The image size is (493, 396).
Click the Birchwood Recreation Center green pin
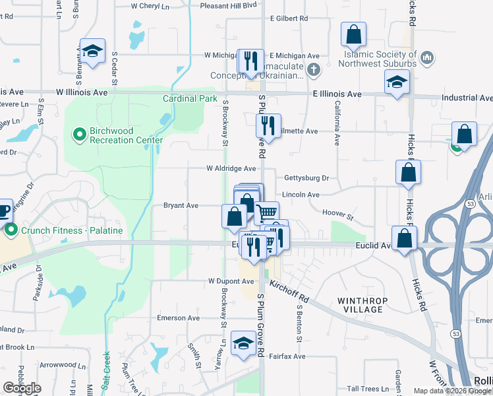click(80, 135)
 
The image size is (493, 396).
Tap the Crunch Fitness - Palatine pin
click(11, 230)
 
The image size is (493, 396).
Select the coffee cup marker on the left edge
click(3, 211)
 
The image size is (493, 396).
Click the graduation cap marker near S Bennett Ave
click(92, 51)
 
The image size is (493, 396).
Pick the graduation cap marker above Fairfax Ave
click(244, 344)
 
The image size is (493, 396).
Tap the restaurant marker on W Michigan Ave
click(250, 61)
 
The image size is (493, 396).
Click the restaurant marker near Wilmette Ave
click(268, 125)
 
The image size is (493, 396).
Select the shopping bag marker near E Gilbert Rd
click(354, 34)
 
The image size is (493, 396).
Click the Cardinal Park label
click(190, 98)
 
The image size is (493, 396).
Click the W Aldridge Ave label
click(231, 169)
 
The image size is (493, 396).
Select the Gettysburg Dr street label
click(306, 178)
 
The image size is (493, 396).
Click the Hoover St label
click(338, 215)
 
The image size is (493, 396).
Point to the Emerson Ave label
click(178, 317)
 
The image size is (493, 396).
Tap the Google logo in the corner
click(22, 388)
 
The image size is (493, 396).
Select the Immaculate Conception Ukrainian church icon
click(314, 69)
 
